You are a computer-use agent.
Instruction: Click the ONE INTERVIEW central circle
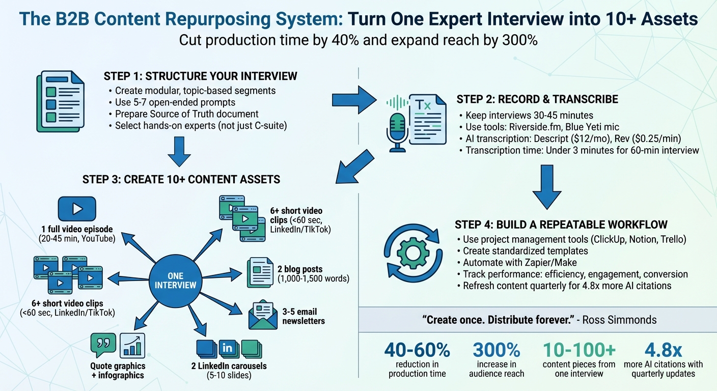(x=175, y=280)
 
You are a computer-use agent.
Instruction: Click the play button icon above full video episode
(x=77, y=209)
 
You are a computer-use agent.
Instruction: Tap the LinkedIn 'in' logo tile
(x=229, y=349)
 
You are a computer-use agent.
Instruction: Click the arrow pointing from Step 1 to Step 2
(x=352, y=99)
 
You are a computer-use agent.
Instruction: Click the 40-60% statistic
(x=417, y=350)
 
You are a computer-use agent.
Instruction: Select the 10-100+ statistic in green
(x=579, y=350)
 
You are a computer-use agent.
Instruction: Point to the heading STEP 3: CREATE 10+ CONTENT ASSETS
(x=181, y=179)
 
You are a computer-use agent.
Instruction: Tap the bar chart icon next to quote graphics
(x=132, y=346)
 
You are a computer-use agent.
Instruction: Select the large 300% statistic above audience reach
(x=497, y=350)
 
